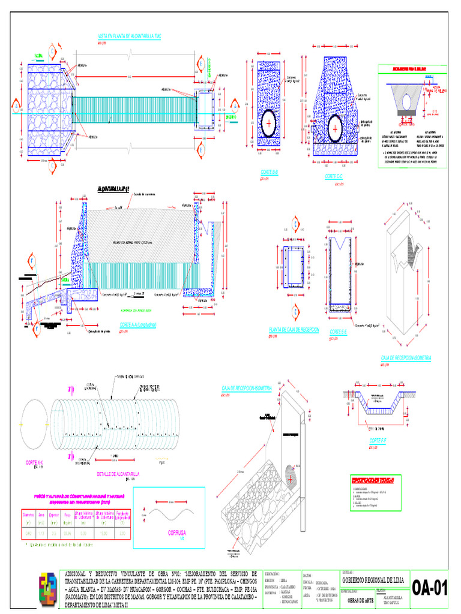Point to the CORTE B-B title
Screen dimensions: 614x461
click(x=269, y=171)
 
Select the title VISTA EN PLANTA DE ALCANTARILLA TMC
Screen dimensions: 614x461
click(x=130, y=37)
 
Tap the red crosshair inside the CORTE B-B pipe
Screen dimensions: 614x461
click(x=269, y=122)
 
